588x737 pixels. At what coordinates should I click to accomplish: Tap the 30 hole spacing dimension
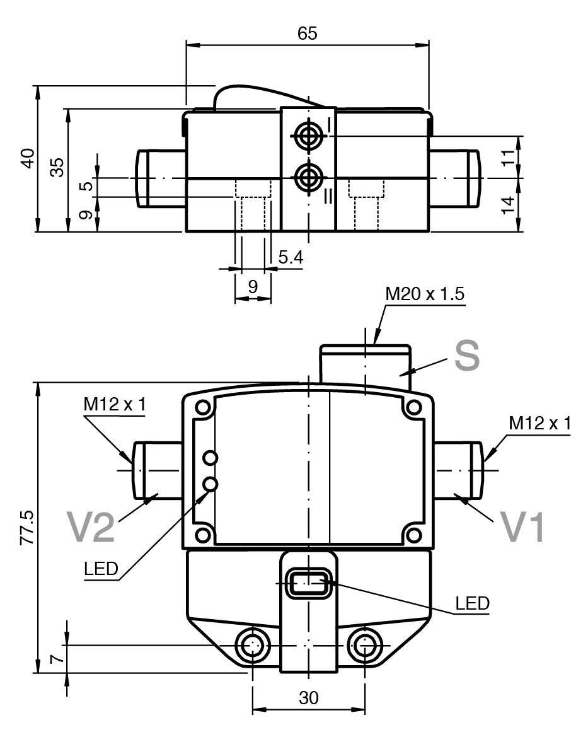click(308, 698)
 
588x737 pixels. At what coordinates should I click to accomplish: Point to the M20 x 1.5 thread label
click(425, 294)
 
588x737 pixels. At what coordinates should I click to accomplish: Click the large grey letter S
click(467, 356)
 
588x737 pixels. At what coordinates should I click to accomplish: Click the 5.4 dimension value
click(291, 257)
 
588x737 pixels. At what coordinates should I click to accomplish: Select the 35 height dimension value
click(57, 168)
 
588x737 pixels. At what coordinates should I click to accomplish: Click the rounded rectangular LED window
click(308, 583)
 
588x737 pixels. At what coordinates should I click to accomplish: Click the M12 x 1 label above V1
click(539, 424)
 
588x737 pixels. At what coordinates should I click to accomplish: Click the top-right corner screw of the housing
click(413, 407)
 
